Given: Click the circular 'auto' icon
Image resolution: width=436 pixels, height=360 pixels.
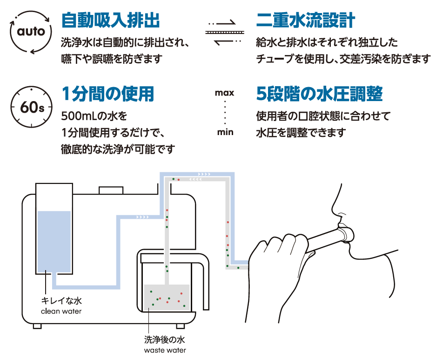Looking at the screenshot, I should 31,32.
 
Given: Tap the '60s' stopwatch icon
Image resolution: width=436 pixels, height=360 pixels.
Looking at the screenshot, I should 31,107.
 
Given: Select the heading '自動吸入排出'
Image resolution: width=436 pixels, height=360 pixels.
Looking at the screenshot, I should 110,20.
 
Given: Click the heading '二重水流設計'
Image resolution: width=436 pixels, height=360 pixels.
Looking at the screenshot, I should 306,20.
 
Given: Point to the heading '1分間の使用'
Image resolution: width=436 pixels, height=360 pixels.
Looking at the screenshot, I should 107,95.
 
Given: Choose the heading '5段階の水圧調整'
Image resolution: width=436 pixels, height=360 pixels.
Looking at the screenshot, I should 319,95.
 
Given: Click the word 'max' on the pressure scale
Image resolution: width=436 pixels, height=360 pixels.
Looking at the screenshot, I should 224,93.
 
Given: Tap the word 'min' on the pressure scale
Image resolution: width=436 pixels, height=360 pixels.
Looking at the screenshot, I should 225,132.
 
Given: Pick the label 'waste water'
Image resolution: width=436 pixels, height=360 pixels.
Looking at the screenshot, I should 165,350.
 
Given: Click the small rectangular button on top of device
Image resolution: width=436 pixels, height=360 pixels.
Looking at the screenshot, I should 111,190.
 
